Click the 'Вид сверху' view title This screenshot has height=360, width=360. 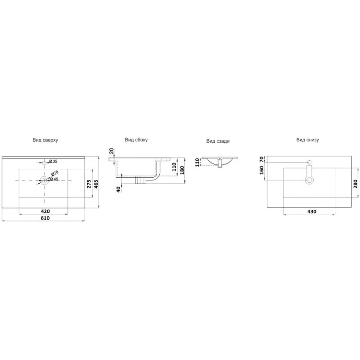tap(45, 140)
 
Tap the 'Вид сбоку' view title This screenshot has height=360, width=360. tap(136, 140)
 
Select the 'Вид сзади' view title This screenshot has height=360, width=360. tap(218, 141)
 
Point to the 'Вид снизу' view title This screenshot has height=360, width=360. tap(307, 140)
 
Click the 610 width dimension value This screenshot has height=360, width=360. tap(45, 218)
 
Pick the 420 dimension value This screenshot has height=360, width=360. tap(45, 211)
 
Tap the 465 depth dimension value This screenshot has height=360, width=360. tap(96, 184)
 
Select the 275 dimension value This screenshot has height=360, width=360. tap(89, 184)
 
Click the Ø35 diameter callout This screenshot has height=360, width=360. tap(53, 162)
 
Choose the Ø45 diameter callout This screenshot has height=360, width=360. tap(54, 179)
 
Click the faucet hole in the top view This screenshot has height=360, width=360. tap(45, 162)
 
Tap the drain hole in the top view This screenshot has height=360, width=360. tap(44, 180)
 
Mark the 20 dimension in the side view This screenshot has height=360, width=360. tap(111, 151)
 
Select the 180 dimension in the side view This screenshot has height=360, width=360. tap(182, 170)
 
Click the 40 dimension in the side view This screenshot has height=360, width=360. tap(118, 189)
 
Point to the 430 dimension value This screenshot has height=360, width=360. tap(312, 211)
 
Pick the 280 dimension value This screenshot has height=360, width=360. tap(355, 184)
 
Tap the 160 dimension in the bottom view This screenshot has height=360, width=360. tap(261, 170)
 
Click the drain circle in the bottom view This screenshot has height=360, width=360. tap(310, 180)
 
